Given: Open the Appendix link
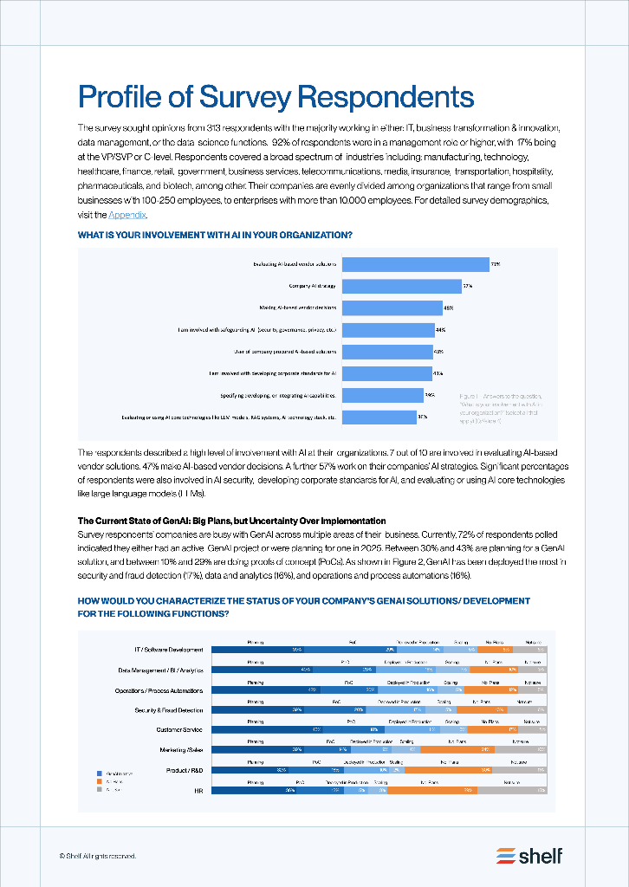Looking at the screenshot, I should [127, 215].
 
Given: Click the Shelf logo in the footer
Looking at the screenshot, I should [529, 856].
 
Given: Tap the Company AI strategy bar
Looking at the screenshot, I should [401, 286].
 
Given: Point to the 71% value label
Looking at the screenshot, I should [495, 264].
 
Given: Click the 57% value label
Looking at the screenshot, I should [467, 286].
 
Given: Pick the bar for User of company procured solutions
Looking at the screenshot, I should [386, 352].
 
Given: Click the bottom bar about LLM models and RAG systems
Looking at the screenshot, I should [379, 418].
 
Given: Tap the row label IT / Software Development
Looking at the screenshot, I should [168, 650].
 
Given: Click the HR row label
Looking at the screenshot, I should [198, 790].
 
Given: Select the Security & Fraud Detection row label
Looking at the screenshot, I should [169, 710].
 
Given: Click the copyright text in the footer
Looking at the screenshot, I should [98, 856].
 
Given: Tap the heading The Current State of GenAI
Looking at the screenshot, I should [231, 521].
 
